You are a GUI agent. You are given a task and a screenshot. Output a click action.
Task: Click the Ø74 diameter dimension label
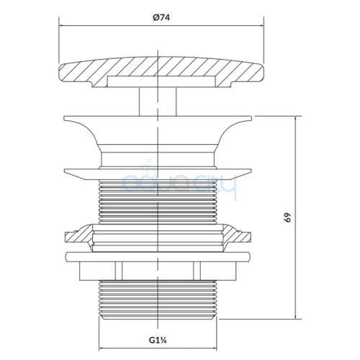161,17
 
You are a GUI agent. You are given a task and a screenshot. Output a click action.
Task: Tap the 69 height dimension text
287,217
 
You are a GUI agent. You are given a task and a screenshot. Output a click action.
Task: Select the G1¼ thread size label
158,340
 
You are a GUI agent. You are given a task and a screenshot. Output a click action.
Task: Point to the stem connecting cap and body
158,102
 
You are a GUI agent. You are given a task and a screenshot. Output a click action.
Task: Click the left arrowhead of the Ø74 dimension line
61,25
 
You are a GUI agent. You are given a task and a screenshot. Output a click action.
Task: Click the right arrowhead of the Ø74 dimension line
261,25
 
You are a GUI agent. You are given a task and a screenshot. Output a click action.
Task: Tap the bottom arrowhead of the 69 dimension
295,316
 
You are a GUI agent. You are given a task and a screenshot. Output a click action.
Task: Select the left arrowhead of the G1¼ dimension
102,348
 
